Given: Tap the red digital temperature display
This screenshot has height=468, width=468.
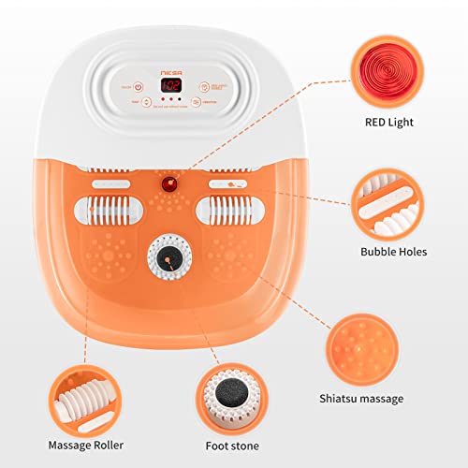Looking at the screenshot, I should pyautogui.click(x=171, y=85).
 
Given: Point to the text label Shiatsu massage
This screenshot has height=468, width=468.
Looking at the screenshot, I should pyautogui.click(x=371, y=398).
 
